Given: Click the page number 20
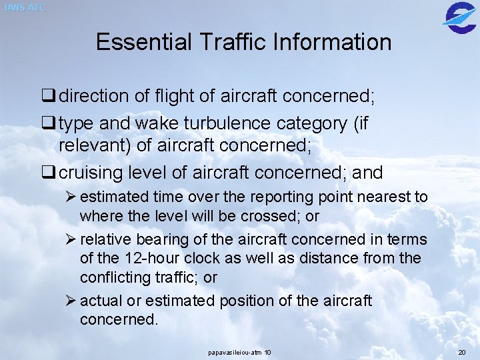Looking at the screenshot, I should (x=461, y=351).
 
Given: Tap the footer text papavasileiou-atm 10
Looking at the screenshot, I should (x=239, y=351).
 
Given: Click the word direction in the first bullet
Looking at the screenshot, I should (x=95, y=97).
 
